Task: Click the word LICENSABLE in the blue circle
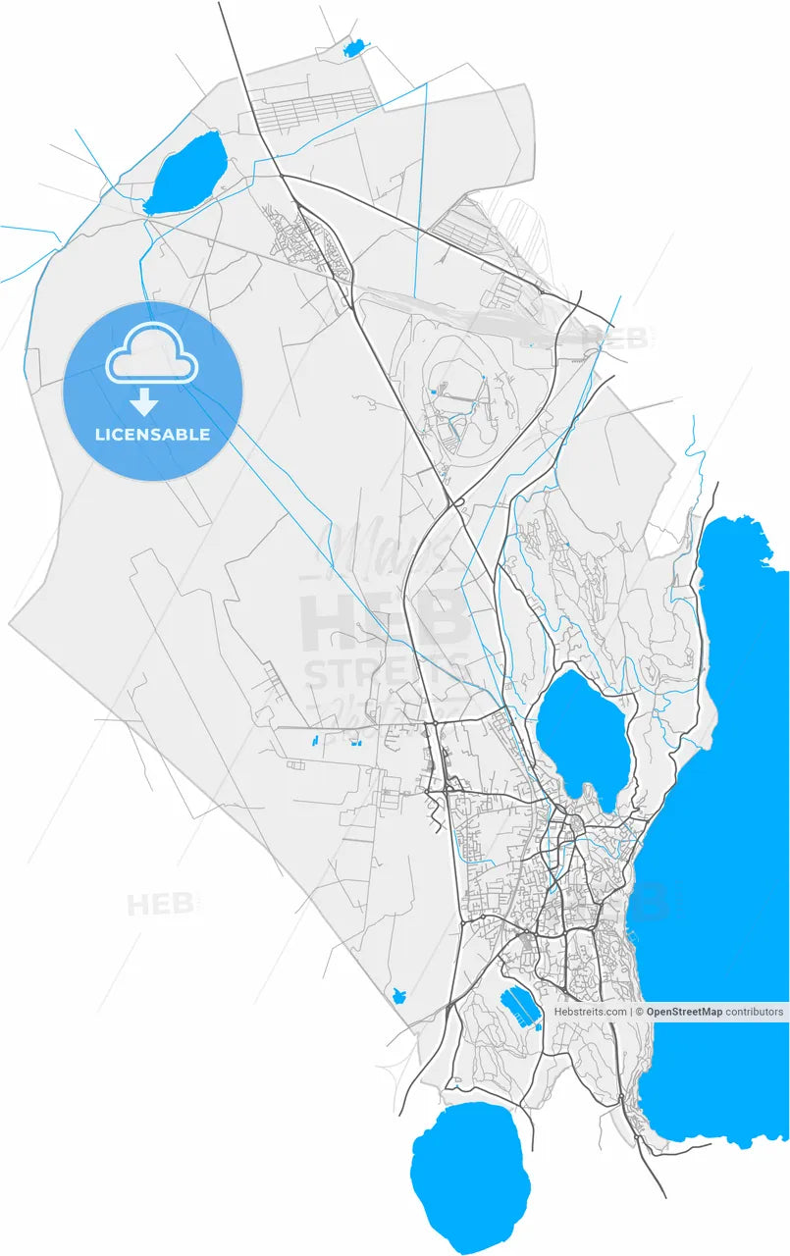(x=152, y=434)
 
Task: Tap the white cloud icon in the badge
(x=152, y=361)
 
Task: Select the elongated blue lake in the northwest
(x=186, y=173)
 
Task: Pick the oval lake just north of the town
(x=584, y=731)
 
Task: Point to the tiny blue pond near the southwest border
(x=398, y=996)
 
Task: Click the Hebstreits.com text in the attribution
(x=590, y=1012)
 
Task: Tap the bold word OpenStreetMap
(x=684, y=1012)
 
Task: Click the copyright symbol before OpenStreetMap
(x=639, y=1012)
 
